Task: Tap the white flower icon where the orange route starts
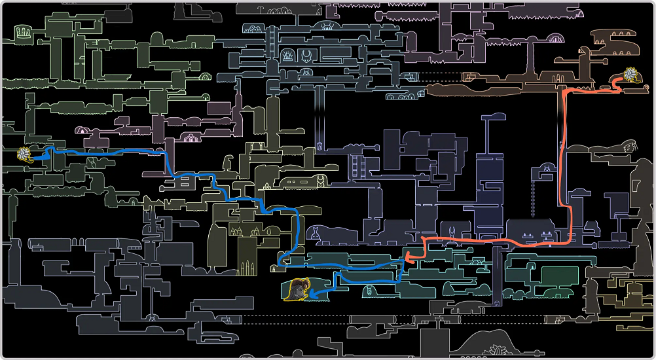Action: point(632,75)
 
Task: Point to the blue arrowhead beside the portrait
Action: point(312,294)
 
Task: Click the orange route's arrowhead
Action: point(405,257)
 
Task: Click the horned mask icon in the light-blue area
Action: point(325,27)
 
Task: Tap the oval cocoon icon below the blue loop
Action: point(371,290)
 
